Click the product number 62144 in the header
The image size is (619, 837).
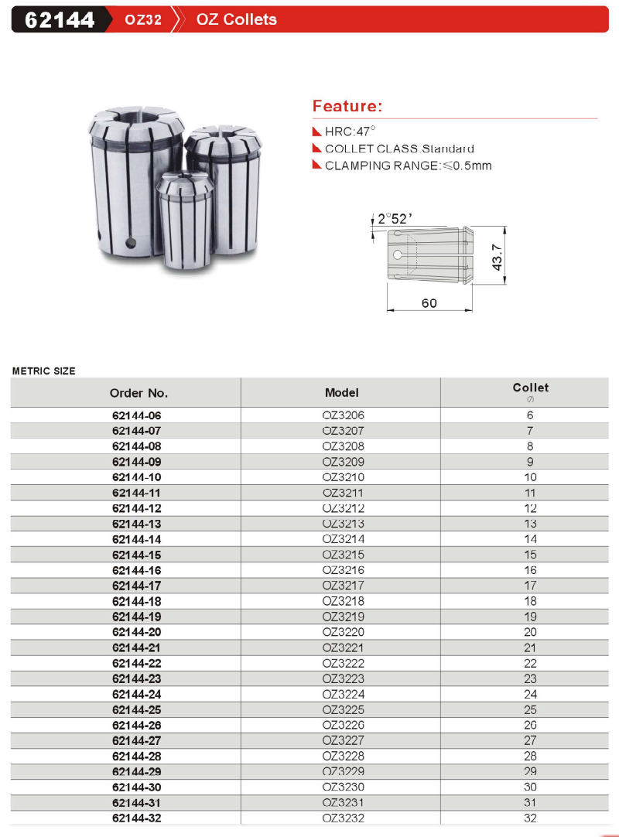(60, 19)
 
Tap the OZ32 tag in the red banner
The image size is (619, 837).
(143, 20)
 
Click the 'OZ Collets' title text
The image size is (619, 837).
(236, 19)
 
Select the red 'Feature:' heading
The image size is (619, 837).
(347, 106)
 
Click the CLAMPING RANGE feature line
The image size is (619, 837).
(408, 165)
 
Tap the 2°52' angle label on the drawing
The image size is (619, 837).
(395, 219)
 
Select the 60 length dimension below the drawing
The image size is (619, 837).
(429, 303)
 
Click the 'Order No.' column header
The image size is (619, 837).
(139, 392)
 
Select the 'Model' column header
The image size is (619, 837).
(341, 392)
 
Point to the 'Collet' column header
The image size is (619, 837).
(530, 388)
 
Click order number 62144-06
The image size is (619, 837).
(137, 415)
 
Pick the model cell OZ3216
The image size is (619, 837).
(343, 570)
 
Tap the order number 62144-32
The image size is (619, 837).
(137, 818)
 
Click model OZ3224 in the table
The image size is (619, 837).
(343, 694)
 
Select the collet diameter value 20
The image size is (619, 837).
(530, 632)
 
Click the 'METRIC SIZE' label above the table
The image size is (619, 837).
(44, 371)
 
